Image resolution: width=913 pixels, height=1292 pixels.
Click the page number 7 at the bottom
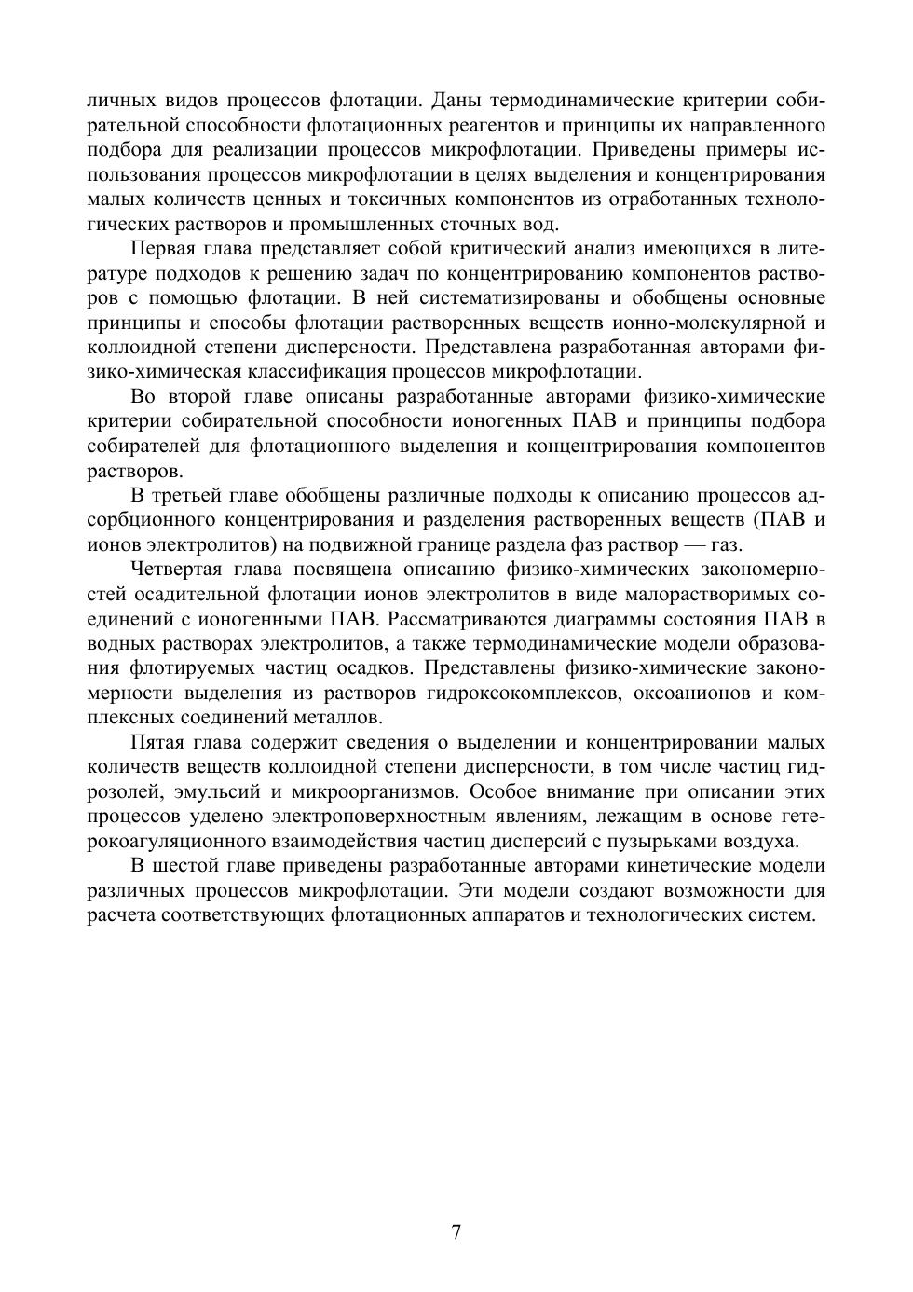(x=456, y=1232)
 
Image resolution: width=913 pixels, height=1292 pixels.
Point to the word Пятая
(x=158, y=743)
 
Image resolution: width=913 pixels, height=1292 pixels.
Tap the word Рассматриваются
(x=478, y=619)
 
